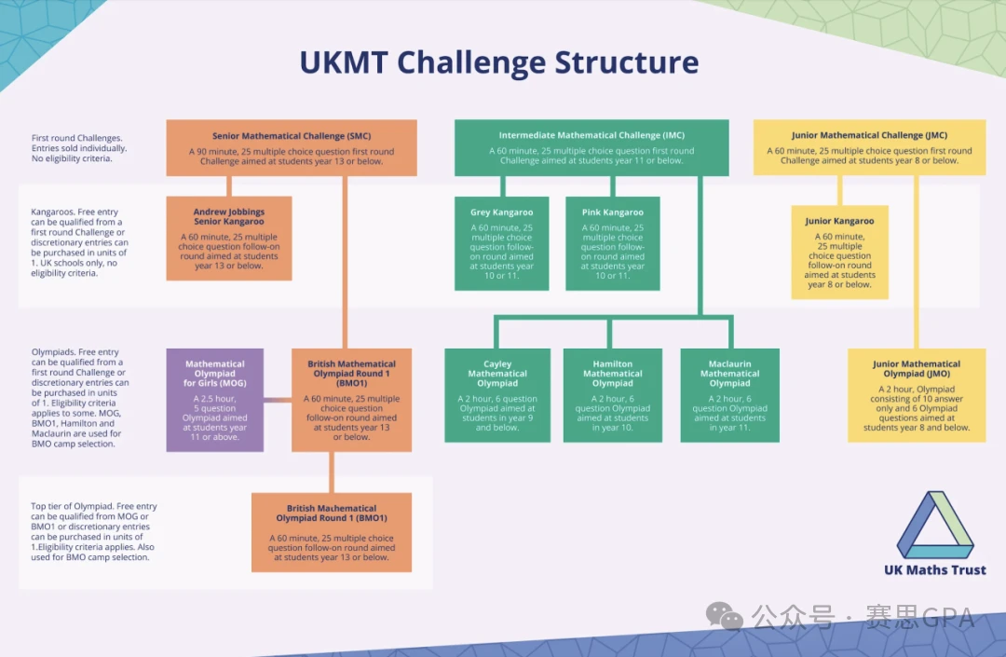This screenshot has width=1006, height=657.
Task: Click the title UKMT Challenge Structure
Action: [498, 63]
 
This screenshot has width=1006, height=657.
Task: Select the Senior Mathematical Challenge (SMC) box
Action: [292, 148]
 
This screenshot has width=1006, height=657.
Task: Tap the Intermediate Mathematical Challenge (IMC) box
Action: [591, 148]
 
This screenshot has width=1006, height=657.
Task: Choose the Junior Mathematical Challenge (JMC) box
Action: [869, 148]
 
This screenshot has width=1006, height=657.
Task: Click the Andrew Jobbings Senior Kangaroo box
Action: [229, 238]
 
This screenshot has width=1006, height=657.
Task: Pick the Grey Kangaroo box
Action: [501, 243]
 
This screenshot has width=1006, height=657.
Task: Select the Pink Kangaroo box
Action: [612, 243]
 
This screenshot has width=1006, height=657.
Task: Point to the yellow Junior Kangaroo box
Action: [839, 253]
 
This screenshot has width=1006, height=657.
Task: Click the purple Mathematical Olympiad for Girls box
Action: [214, 400]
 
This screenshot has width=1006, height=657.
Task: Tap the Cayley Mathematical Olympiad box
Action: [497, 395]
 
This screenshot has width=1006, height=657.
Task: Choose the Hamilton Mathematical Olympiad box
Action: [612, 395]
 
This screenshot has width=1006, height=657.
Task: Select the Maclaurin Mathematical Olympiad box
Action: [729, 395]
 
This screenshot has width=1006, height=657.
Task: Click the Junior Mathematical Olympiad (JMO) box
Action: [916, 395]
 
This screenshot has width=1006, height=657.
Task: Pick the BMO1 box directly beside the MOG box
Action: [351, 400]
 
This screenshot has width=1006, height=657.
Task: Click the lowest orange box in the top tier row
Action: [331, 532]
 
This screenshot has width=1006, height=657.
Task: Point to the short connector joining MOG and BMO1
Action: [278, 401]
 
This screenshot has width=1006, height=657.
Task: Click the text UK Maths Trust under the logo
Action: [934, 570]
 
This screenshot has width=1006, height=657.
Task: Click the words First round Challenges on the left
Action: [76, 138]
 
